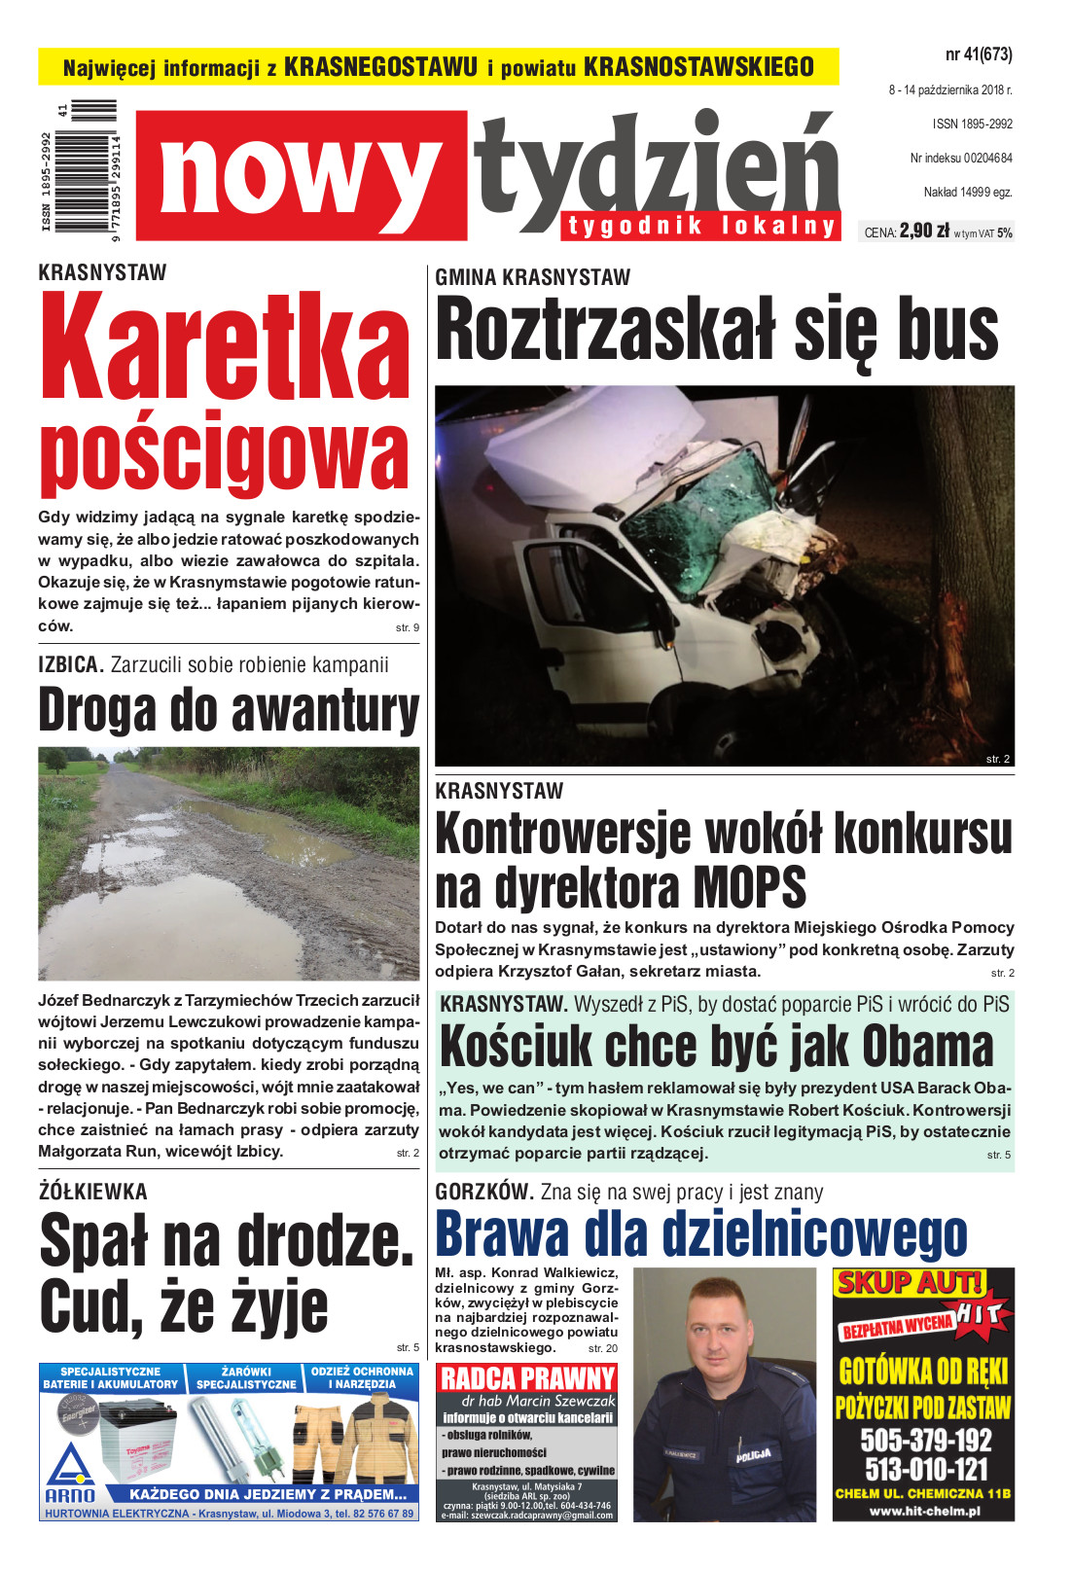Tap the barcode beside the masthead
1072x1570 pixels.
(86, 167)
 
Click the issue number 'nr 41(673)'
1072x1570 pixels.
(978, 54)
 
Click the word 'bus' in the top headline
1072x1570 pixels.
(947, 331)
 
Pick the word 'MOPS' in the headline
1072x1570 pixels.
(749, 888)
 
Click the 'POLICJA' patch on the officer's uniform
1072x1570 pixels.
(753, 1455)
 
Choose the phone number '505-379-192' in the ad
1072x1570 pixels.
(925, 1441)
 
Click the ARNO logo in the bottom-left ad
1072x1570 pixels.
(70, 1476)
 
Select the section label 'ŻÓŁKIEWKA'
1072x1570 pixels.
(93, 1192)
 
